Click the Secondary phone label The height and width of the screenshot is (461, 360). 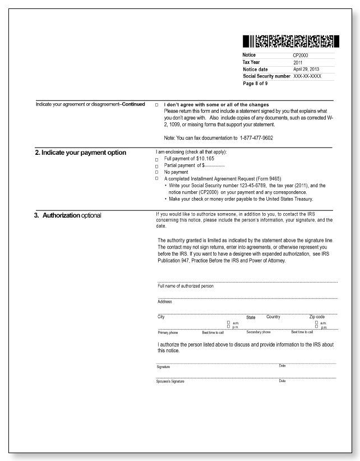pos(259,332)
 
